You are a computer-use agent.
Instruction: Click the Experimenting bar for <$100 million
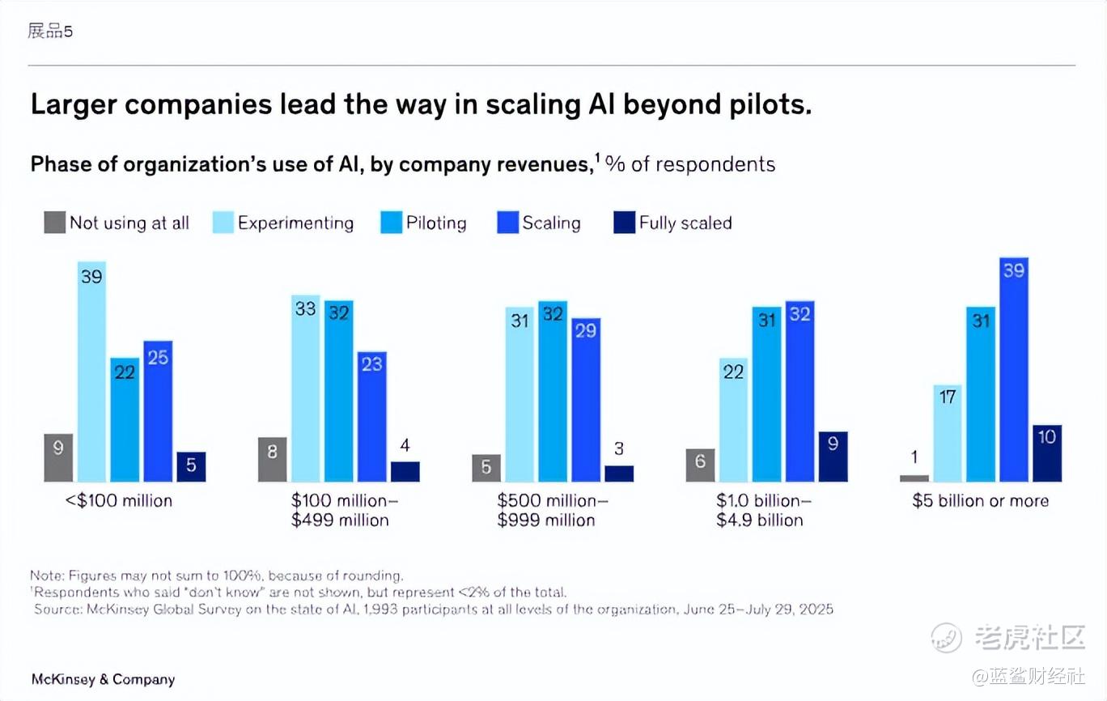point(91,372)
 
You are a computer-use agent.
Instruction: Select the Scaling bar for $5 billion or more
point(1014,370)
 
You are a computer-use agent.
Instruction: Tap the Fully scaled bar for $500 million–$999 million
point(619,474)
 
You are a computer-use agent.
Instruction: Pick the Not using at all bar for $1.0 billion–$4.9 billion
point(700,465)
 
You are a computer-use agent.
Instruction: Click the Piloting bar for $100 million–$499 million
point(339,391)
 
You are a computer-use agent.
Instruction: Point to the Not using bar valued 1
point(914,478)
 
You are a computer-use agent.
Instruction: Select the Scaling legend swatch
point(507,223)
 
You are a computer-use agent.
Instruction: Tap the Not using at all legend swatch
point(55,223)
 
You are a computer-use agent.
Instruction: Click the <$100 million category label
point(119,501)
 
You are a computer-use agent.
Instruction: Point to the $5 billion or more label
point(980,501)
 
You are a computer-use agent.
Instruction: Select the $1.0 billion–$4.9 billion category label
point(760,510)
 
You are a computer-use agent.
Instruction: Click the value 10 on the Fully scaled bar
point(1047,437)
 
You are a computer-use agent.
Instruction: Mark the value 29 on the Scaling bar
point(585,330)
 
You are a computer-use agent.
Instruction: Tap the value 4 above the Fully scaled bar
point(405,445)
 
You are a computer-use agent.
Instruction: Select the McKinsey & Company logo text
point(103,679)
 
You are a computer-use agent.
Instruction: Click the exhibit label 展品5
point(50,32)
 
